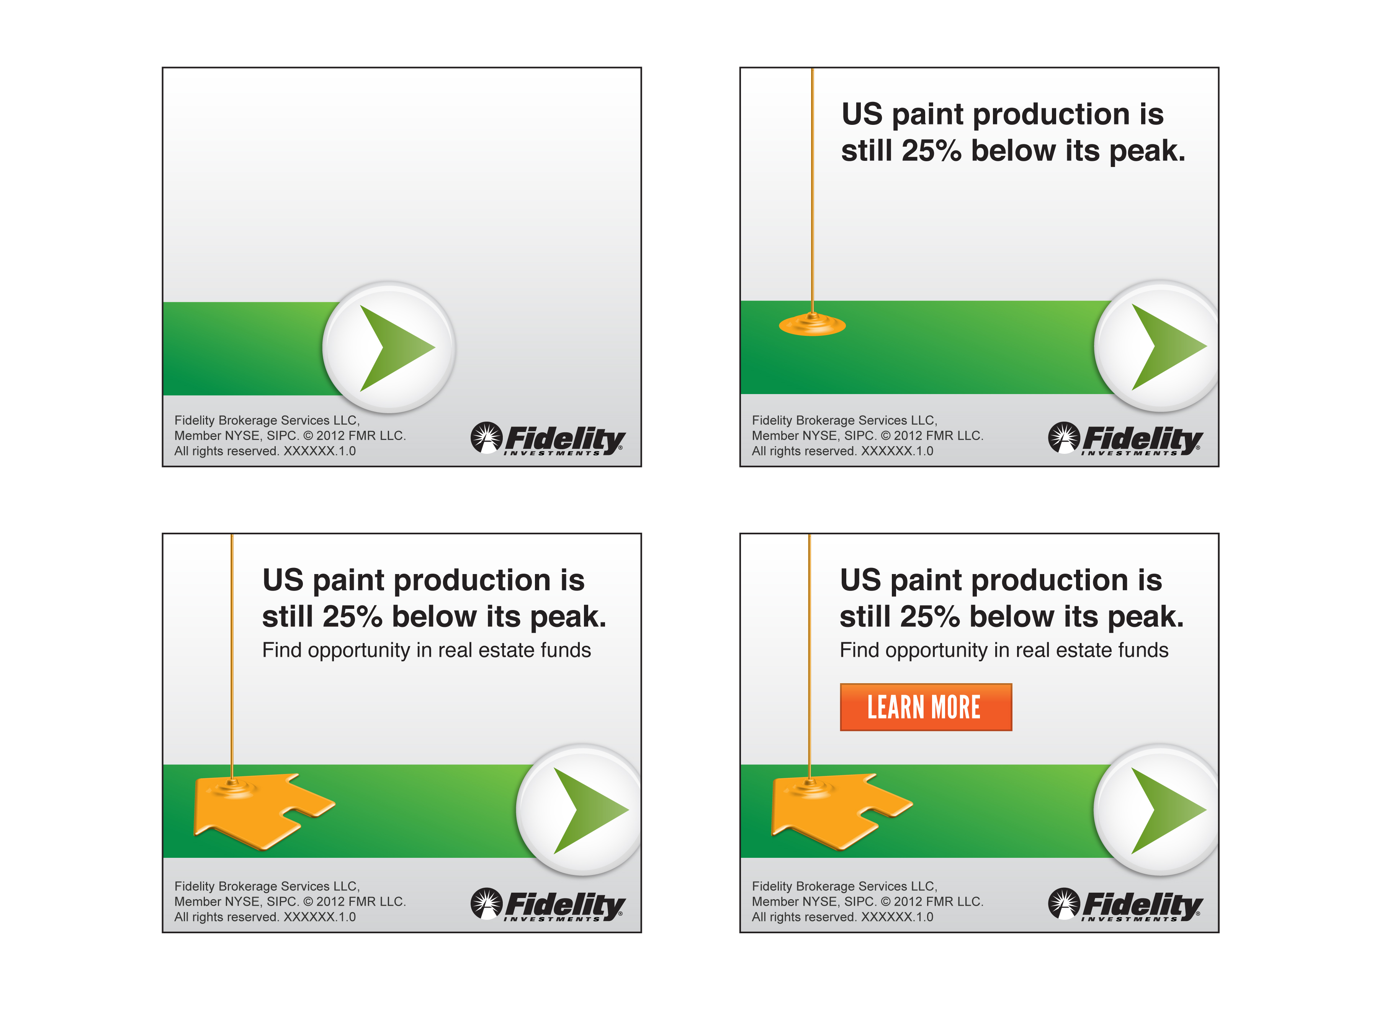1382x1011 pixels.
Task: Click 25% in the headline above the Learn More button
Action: click(x=930, y=616)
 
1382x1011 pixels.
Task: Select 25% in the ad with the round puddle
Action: click(x=931, y=151)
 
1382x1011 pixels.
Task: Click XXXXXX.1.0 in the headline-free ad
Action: click(x=319, y=451)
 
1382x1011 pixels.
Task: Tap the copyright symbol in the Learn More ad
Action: click(x=885, y=901)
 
